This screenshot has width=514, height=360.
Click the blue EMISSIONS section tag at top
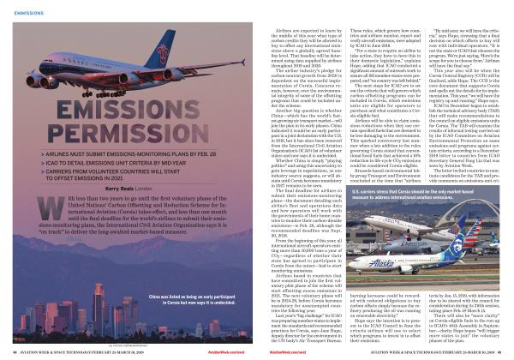(28, 13)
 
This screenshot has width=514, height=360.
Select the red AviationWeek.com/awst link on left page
(236, 351)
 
